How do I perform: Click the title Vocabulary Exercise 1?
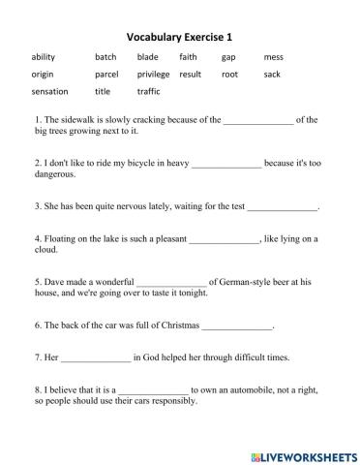pos(180,36)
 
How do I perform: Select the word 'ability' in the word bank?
pos(44,57)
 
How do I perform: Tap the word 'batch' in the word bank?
pos(105,57)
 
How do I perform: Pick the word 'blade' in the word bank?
pos(148,57)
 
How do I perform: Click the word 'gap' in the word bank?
pos(228,57)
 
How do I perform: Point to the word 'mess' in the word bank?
pos(274,57)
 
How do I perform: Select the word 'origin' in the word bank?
pos(43,75)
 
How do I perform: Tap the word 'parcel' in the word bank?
pos(106,75)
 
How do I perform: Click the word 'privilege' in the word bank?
pos(153,75)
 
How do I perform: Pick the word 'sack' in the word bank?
pos(272,75)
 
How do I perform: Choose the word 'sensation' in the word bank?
pos(50,92)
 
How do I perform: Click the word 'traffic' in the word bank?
pos(149,92)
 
